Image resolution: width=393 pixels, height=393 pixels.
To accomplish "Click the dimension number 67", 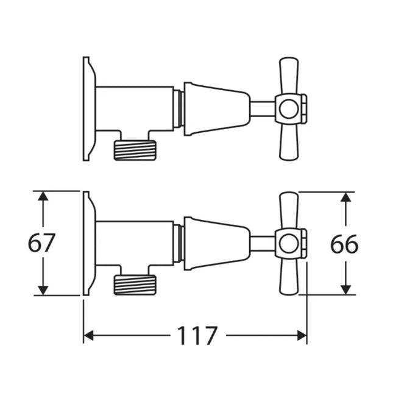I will [42, 244].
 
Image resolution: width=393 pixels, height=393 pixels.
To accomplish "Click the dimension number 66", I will [344, 244].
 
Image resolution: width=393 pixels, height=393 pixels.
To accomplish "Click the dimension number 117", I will [197, 336].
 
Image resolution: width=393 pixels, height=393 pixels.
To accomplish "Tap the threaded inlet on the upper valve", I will [135, 150].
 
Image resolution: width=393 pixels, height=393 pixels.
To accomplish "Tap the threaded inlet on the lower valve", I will [135, 285].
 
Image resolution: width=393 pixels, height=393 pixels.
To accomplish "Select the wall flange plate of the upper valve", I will [88, 108].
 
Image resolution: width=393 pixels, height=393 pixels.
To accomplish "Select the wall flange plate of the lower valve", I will [88, 243].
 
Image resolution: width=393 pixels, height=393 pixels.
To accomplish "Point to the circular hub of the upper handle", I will [289, 109].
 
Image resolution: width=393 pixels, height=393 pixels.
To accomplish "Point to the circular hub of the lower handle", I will [289, 244].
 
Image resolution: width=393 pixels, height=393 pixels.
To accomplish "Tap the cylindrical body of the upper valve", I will [134, 108].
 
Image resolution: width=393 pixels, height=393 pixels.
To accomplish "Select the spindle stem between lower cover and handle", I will [262, 244].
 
